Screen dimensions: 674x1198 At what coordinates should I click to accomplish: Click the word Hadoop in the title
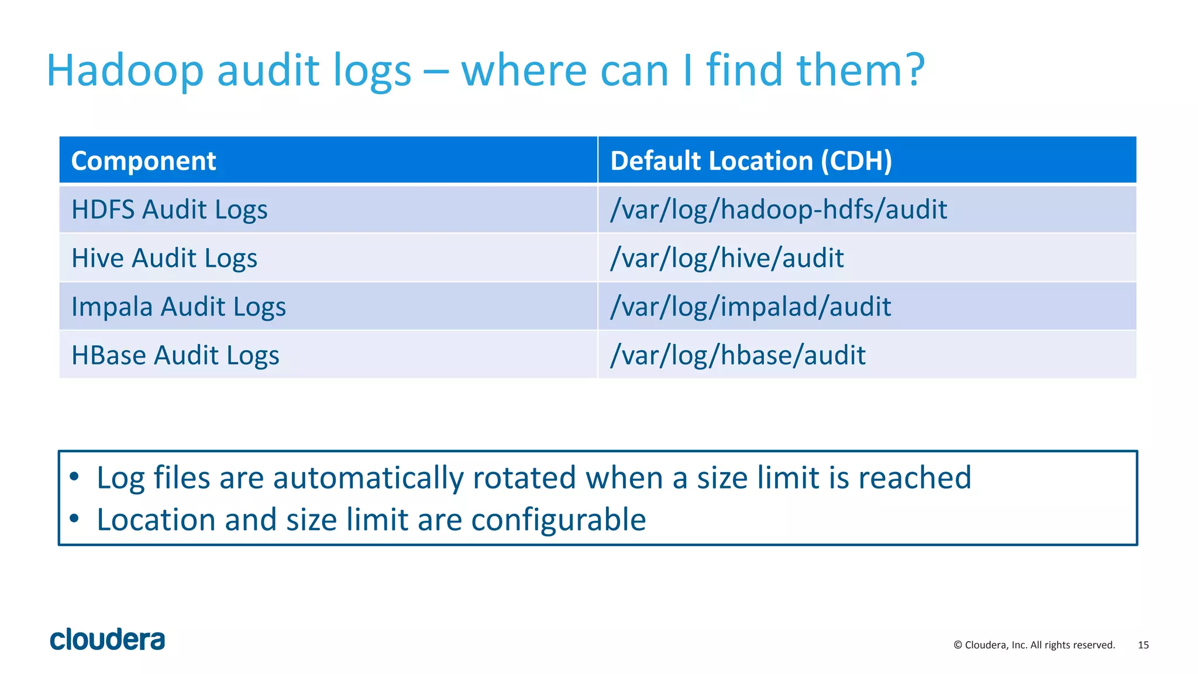coord(125,71)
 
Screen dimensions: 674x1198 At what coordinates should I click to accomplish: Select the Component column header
coord(143,161)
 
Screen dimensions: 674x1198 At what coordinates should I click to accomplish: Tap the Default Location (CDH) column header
coord(751,161)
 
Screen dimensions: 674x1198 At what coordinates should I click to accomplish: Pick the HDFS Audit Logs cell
coord(169,209)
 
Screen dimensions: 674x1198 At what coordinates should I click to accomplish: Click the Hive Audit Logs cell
coord(164,258)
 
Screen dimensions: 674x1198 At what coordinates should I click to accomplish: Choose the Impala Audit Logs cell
coord(178,307)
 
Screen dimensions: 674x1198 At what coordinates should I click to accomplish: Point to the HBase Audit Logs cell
coord(175,355)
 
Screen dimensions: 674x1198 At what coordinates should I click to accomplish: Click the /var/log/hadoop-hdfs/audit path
coord(778,209)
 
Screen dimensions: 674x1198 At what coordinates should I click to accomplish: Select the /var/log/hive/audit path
coord(727,258)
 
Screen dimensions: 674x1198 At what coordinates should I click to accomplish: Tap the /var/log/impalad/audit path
coord(751,307)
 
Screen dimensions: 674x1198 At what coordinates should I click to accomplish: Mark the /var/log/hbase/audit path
coord(738,355)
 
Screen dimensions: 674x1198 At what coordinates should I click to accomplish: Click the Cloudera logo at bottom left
coord(108,639)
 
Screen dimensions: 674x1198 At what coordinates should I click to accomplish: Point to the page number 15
coord(1143,645)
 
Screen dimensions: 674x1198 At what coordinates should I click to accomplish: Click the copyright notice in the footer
coord(1034,645)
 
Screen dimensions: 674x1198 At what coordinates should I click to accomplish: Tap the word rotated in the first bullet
coord(524,477)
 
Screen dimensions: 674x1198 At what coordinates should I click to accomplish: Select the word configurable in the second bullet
coord(558,520)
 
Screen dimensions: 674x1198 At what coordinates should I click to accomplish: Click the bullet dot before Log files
coord(74,477)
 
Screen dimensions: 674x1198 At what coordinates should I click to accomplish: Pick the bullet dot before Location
coord(74,518)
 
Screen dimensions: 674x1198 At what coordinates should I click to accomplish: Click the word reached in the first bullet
coord(914,477)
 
